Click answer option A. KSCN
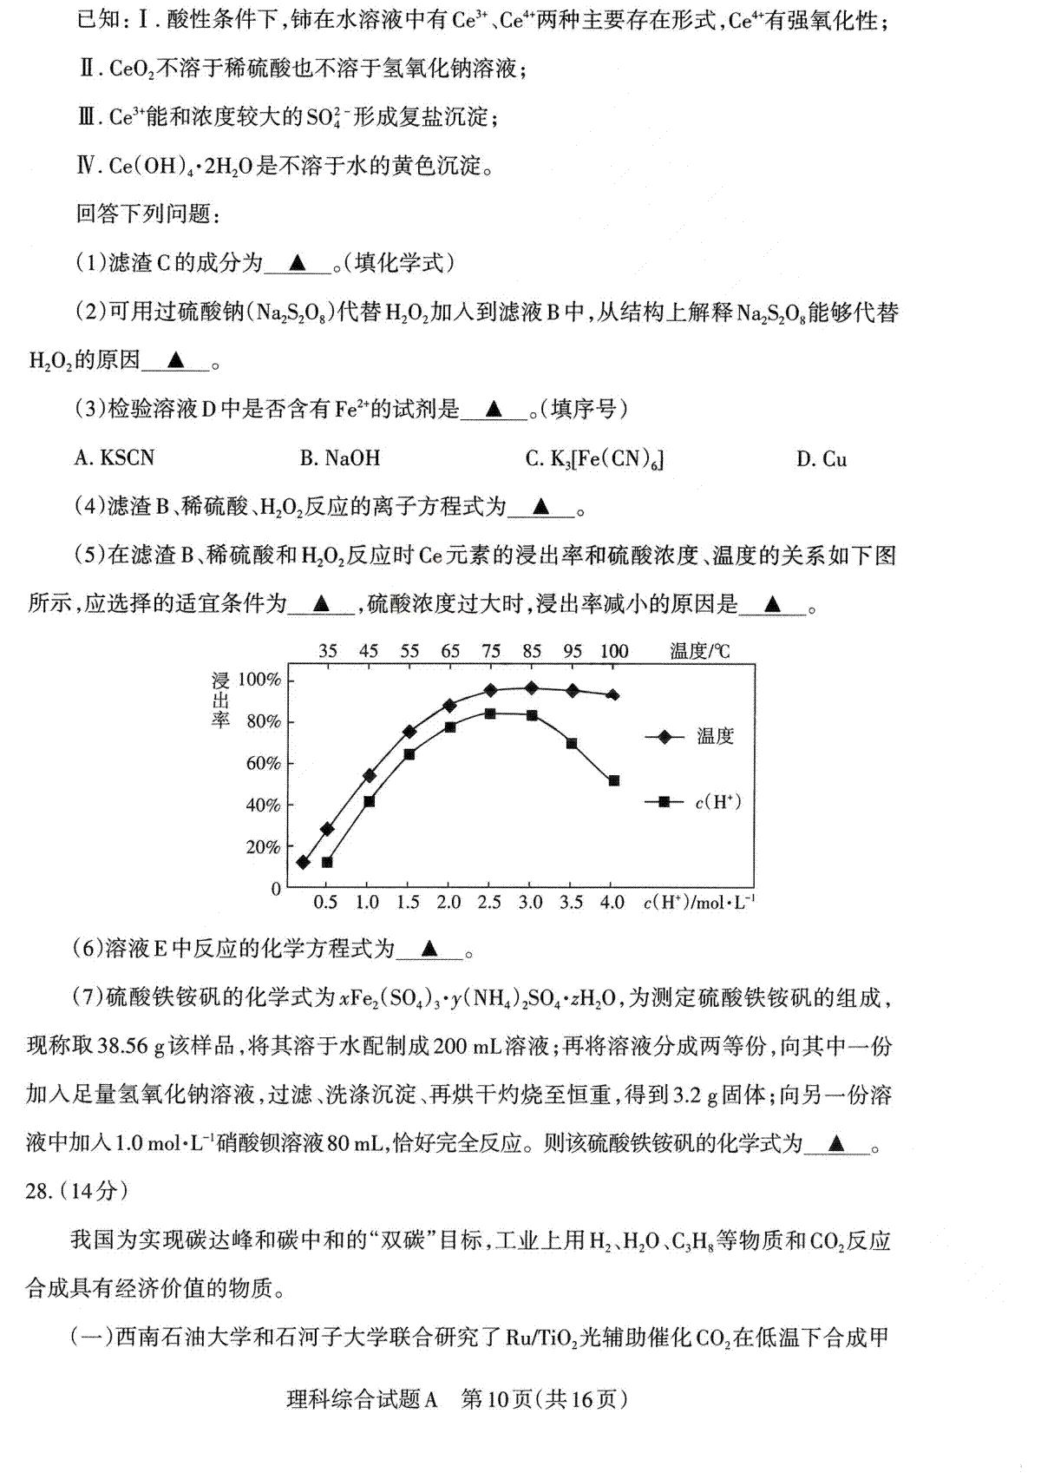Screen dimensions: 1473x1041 coord(114,457)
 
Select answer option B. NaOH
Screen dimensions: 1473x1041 coord(340,457)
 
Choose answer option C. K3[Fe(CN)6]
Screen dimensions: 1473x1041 coord(594,458)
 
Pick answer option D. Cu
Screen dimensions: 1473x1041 coord(821,458)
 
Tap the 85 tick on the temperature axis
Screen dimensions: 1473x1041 coord(532,651)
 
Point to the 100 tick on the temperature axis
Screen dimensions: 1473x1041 coord(613,651)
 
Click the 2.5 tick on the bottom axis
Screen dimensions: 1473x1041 coord(489,903)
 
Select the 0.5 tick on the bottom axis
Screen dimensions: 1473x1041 coord(325,903)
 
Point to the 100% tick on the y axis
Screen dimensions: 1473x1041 coord(259,680)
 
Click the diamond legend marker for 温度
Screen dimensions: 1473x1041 coord(665,737)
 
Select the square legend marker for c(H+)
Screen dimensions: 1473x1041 coord(665,802)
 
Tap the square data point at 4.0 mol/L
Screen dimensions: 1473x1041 coord(614,781)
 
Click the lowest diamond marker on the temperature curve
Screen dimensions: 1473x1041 coord(303,862)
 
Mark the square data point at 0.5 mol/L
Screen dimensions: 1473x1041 coord(327,862)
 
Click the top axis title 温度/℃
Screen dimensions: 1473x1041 coord(700,651)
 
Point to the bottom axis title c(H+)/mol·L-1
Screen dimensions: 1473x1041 coord(699,903)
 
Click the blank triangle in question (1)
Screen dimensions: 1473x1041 coord(298,261)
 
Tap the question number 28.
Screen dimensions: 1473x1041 coord(40,1191)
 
